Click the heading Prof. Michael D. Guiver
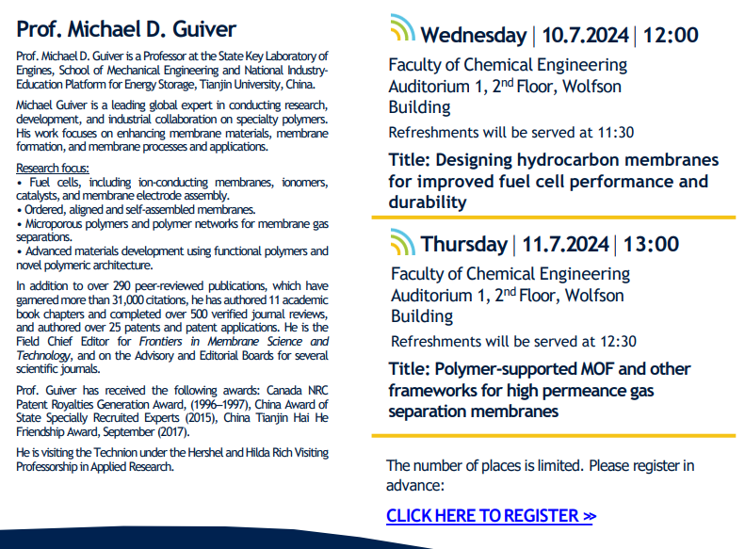pyautogui.click(x=126, y=29)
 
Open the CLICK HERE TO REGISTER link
pyautogui.click(x=490, y=516)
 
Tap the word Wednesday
pyautogui.click(x=473, y=36)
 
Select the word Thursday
pyautogui.click(x=463, y=245)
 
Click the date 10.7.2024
pyautogui.click(x=584, y=36)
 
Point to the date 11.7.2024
pyautogui.click(x=563, y=245)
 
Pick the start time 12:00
pyautogui.click(x=671, y=36)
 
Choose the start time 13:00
pyautogui.click(x=650, y=245)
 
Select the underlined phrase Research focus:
pyautogui.click(x=49, y=167)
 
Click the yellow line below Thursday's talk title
pyautogui.click(x=553, y=435)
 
